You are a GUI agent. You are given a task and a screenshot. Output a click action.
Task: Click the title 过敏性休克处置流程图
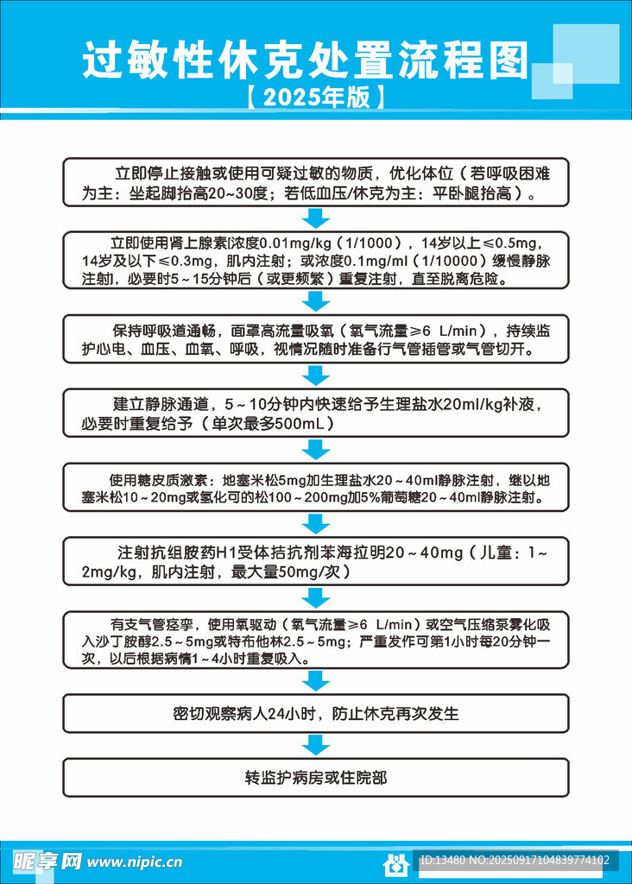tap(305, 62)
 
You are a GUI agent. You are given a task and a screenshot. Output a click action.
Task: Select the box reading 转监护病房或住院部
tap(315, 777)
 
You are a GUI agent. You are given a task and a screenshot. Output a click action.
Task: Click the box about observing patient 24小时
tap(315, 714)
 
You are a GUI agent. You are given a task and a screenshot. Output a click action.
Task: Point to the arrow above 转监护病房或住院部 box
tap(316, 746)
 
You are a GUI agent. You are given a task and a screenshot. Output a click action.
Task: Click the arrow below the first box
tap(316, 218)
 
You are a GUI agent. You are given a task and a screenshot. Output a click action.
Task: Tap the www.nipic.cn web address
tap(136, 862)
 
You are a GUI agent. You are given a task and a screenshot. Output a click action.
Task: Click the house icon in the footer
tap(395, 862)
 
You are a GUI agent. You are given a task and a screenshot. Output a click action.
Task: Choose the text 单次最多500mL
tap(266, 424)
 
